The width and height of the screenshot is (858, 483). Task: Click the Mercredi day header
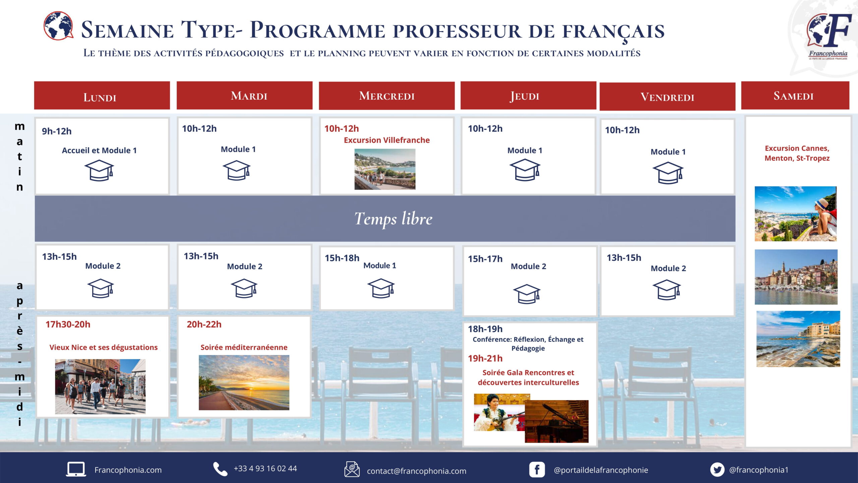(x=387, y=96)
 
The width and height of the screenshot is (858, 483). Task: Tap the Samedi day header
(x=795, y=96)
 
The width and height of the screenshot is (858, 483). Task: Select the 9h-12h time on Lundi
(x=57, y=131)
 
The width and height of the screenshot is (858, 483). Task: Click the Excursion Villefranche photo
(x=385, y=169)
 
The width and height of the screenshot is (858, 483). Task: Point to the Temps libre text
(x=393, y=219)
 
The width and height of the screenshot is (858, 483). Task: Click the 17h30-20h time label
(x=68, y=324)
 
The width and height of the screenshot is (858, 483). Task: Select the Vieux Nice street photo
(x=100, y=386)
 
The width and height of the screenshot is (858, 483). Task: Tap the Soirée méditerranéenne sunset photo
(x=244, y=383)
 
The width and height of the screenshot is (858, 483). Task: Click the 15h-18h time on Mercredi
(x=342, y=258)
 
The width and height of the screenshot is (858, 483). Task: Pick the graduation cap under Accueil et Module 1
(x=99, y=170)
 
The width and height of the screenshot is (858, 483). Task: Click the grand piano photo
(x=557, y=421)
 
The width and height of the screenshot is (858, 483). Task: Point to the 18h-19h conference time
(x=485, y=329)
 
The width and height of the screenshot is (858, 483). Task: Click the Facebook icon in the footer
(x=537, y=470)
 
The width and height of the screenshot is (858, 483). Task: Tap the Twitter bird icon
(x=717, y=470)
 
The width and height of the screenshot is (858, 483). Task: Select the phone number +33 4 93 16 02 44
(x=265, y=469)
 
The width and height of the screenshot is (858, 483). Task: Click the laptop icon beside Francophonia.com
(x=76, y=469)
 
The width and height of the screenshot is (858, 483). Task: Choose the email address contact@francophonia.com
(x=417, y=471)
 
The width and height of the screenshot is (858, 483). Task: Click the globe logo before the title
(x=58, y=26)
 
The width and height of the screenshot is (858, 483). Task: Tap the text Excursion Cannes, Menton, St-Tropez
(x=797, y=153)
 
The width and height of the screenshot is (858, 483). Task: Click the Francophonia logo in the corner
(x=829, y=36)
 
